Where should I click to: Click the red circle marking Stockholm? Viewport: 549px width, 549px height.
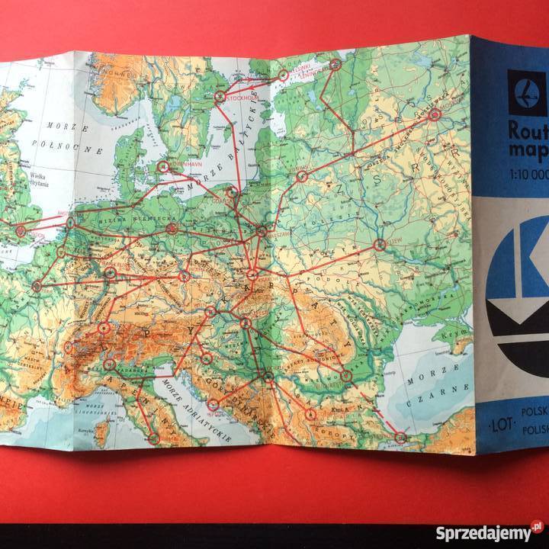click(220, 97)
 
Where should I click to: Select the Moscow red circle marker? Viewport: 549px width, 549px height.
click(435, 115)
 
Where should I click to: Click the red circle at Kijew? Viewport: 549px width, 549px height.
click(379, 245)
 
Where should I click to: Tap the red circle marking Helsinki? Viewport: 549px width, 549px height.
click(283, 75)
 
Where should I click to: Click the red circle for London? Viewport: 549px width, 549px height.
click(21, 230)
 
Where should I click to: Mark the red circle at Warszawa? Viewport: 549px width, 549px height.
click(262, 231)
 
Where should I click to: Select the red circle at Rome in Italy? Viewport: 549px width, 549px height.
click(153, 438)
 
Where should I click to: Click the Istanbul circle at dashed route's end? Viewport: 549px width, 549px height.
click(400, 437)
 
